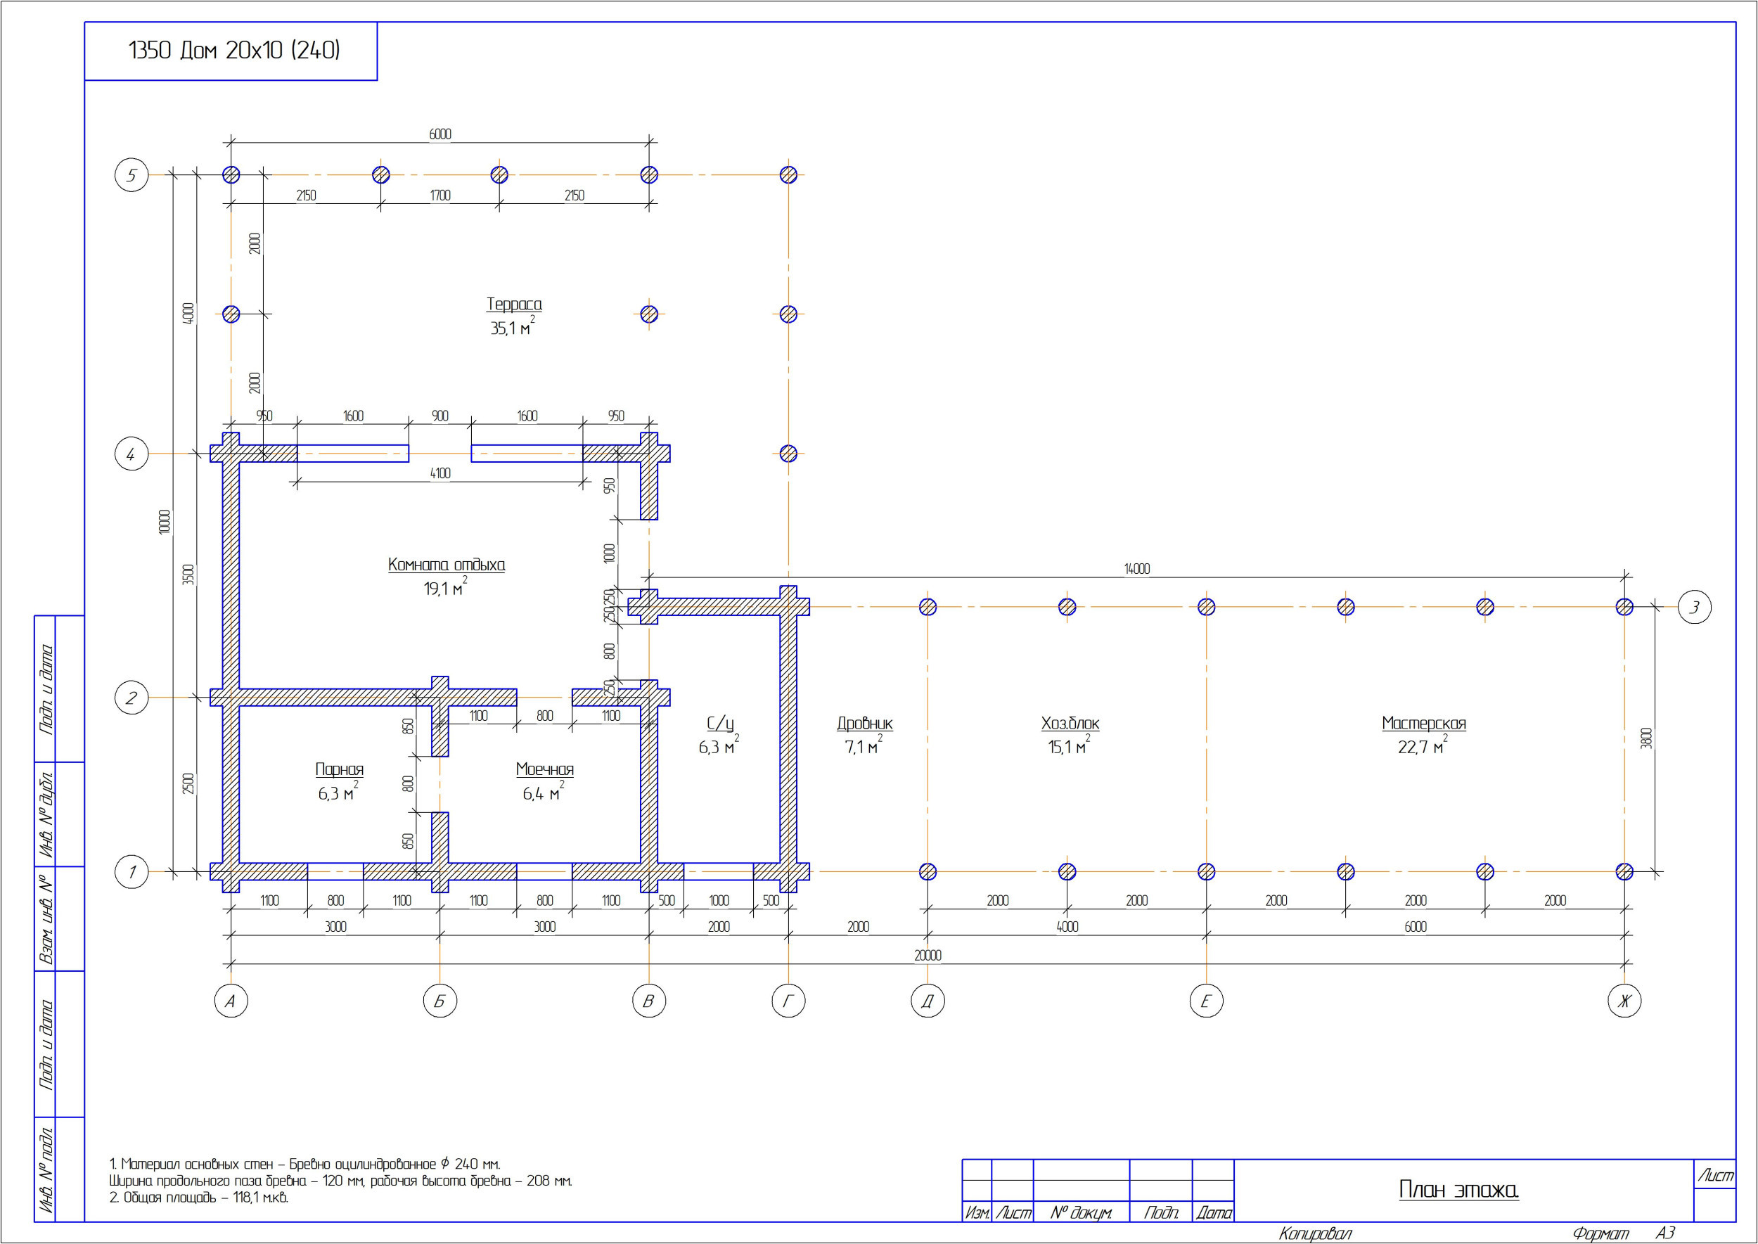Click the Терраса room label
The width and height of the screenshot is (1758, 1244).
(514, 304)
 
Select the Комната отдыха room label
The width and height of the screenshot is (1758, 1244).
(447, 565)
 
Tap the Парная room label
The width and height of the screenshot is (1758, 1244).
(340, 769)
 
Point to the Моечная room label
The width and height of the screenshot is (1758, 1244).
(545, 769)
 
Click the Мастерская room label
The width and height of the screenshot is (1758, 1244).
(1424, 723)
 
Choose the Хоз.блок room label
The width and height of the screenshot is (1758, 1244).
(1070, 723)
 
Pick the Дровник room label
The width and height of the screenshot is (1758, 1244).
(865, 723)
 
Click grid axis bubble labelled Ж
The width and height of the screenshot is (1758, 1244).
(1624, 1001)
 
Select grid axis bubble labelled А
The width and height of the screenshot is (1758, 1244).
(231, 1001)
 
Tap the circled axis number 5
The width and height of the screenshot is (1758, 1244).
(131, 174)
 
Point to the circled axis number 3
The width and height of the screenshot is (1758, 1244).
(1695, 607)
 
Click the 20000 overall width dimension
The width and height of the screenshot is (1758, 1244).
(928, 955)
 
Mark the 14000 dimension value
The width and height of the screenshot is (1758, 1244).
(1137, 568)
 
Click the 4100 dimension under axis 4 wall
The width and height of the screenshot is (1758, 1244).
(440, 473)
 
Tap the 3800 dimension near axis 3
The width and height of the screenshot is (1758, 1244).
(1647, 738)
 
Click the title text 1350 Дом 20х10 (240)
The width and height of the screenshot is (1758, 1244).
(234, 51)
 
